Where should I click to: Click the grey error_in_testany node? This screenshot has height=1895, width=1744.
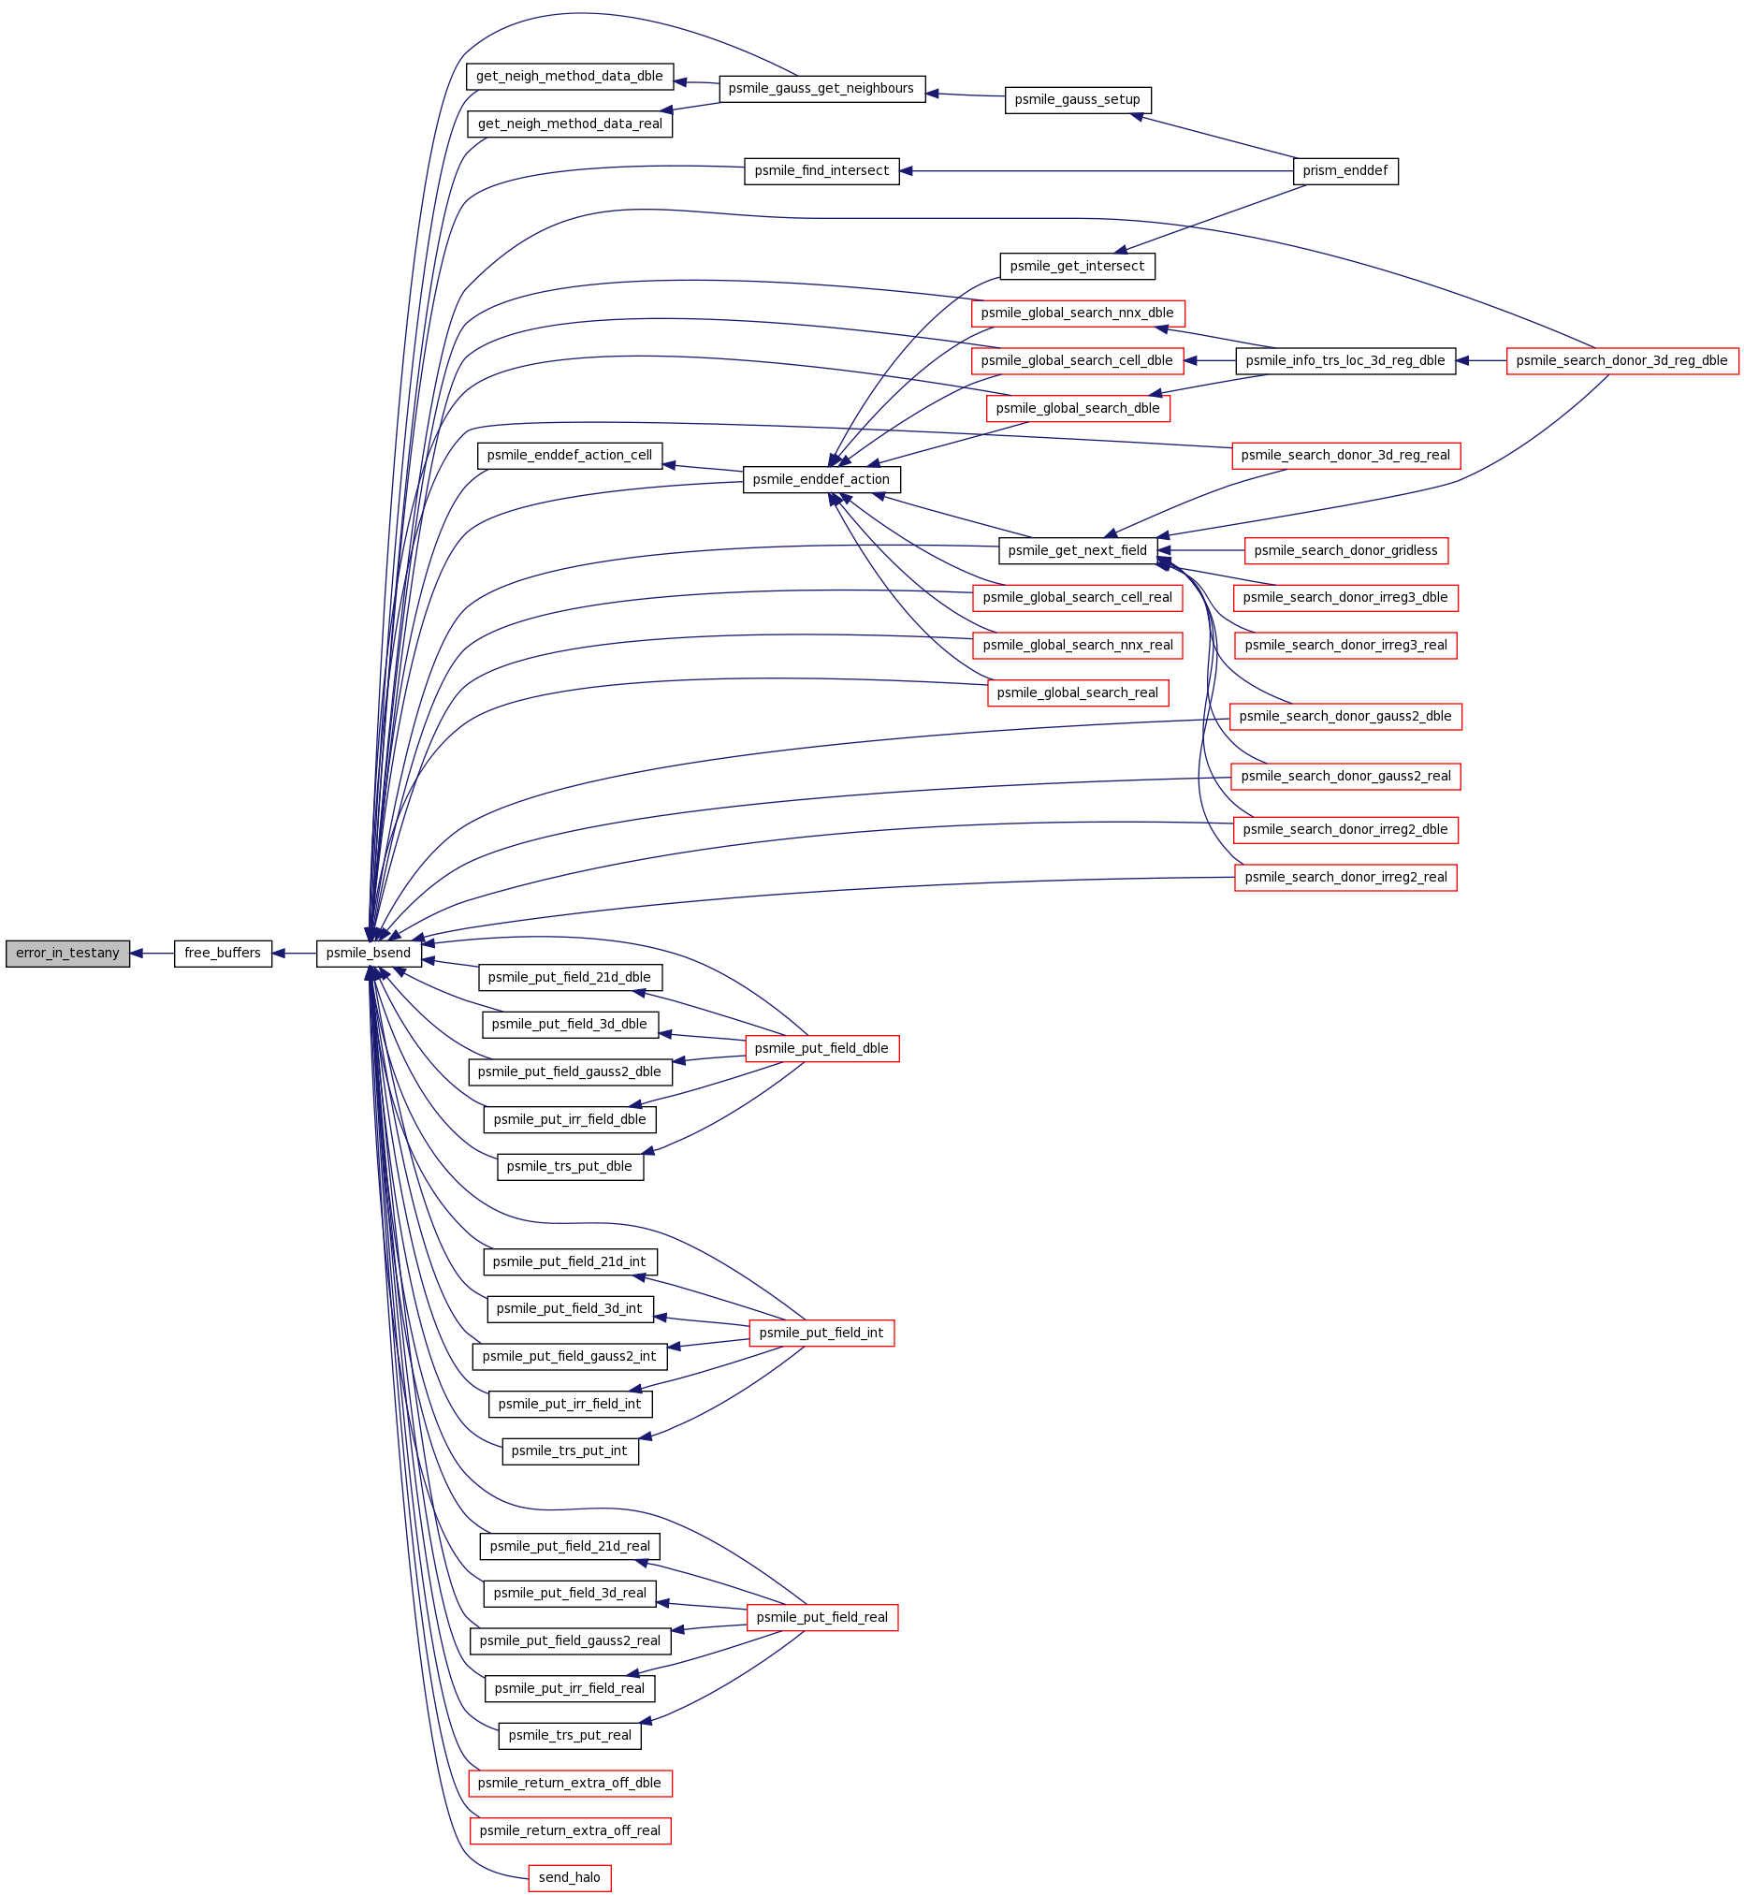point(68,954)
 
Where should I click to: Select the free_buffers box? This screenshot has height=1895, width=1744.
point(223,954)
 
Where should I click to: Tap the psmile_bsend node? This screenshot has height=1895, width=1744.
point(368,954)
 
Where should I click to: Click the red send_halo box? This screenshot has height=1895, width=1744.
point(569,1878)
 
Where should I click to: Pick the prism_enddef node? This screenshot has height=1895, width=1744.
point(1344,171)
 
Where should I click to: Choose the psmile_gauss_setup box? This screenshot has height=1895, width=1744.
point(1078,100)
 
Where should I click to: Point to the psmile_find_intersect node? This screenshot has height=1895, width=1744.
point(822,171)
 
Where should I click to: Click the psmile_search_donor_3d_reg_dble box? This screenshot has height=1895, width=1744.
point(1622,360)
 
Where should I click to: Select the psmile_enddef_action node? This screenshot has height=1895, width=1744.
point(822,479)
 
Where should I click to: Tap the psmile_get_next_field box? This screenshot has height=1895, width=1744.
point(1078,550)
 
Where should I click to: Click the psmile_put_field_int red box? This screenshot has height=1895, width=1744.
point(822,1333)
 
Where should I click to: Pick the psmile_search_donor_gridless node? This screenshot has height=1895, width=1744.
point(1345,550)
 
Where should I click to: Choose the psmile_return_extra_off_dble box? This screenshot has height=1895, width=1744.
point(570,1783)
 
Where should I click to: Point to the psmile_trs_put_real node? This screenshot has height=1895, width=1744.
point(570,1736)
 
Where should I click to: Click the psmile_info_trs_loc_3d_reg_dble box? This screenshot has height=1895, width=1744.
point(1345,360)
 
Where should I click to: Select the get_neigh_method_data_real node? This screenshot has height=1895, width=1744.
point(570,124)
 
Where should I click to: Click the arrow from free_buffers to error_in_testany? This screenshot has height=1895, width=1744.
point(152,954)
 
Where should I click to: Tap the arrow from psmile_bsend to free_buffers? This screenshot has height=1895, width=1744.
point(294,954)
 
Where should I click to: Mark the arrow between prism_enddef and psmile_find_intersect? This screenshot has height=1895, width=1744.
point(1096,171)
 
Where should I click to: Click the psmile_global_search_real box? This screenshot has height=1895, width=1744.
point(1078,692)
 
